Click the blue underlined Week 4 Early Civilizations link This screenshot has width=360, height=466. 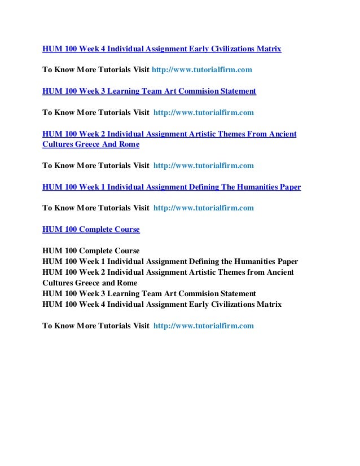[161, 49]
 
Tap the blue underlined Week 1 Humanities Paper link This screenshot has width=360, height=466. [172, 187]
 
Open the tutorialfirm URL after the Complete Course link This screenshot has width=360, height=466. [204, 208]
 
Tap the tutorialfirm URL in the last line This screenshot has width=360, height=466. [204, 326]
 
